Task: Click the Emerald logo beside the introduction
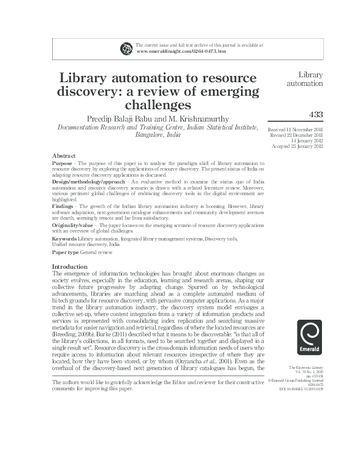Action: [309, 338]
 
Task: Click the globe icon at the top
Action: [127, 48]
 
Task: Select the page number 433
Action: [315, 114]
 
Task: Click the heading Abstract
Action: [64, 156]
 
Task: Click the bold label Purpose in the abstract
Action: [63, 164]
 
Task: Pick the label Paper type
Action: [66, 252]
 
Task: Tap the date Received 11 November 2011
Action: [296, 130]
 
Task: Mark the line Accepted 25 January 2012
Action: [297, 146]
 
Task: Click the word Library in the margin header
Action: [310, 75]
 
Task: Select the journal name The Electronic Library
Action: [306, 367]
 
